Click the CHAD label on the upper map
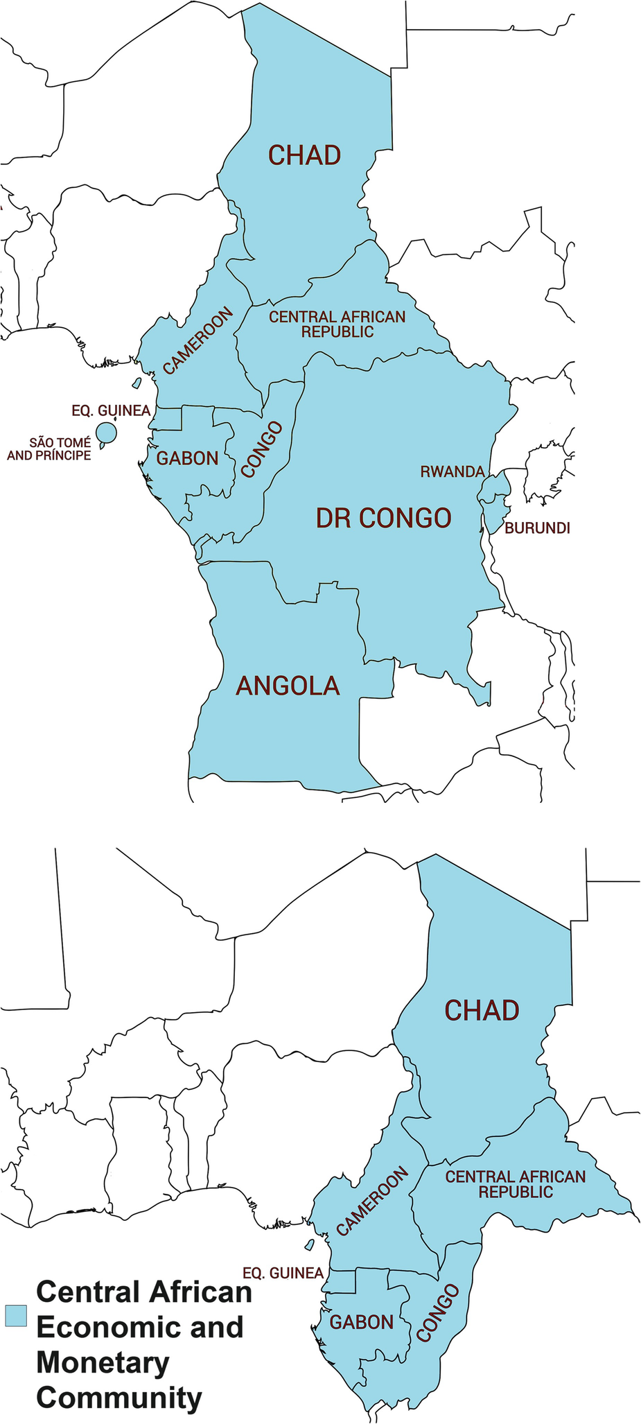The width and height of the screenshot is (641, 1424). click(x=304, y=155)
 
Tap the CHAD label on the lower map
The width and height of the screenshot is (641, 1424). click(x=482, y=1011)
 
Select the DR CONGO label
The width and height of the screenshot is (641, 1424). click(x=383, y=518)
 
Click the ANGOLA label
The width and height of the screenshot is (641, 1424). click(x=288, y=686)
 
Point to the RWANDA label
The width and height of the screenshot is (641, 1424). click(x=452, y=472)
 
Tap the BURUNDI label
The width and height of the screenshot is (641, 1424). click(x=537, y=528)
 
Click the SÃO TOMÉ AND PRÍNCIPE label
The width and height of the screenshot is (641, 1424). click(x=49, y=449)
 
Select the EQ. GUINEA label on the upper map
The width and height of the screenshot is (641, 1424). click(x=111, y=411)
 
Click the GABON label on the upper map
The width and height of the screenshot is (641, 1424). click(x=187, y=458)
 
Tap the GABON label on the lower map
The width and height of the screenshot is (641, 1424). click(x=361, y=1322)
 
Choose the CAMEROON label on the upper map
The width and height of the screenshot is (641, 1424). click(x=198, y=340)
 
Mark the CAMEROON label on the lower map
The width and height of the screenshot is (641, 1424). click(x=371, y=1202)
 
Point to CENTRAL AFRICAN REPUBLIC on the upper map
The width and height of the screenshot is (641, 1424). click(x=337, y=324)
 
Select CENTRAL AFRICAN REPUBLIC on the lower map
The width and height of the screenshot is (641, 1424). click(x=516, y=1184)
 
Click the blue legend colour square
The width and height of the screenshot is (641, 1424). click(x=15, y=1316)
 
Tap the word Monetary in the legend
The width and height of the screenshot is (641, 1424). click(x=103, y=1363)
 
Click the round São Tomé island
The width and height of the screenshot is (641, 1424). click(x=106, y=433)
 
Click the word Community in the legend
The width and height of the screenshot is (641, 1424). click(x=119, y=1398)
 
